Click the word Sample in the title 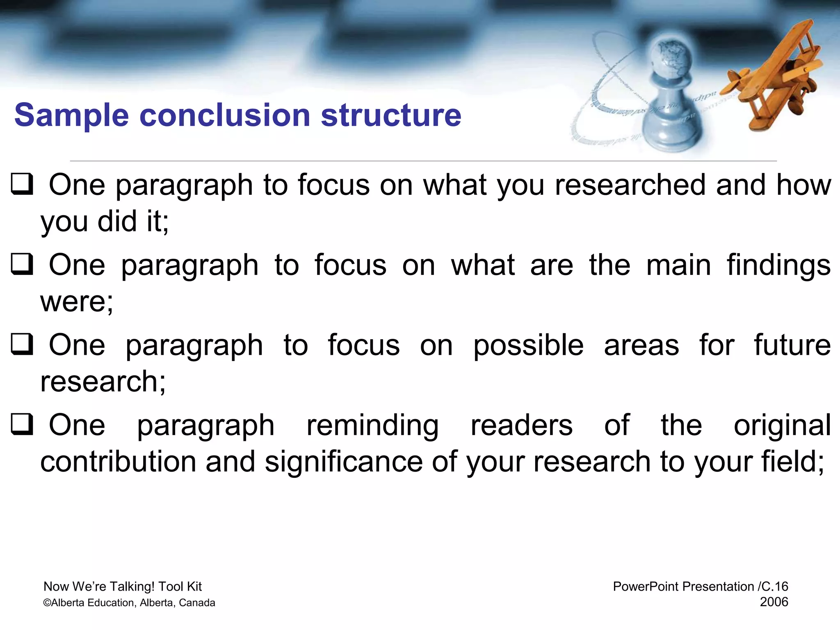[x=72, y=115]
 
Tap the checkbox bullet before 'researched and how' [x=21, y=185]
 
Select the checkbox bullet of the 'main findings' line [x=21, y=265]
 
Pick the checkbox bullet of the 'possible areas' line [x=21, y=345]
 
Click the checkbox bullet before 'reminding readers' [x=21, y=425]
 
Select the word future [x=792, y=345]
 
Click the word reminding [x=372, y=426]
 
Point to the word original [x=782, y=426]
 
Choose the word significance [x=343, y=462]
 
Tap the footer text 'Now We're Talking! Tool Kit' [x=122, y=587]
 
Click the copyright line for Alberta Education [x=129, y=603]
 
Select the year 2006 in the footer [x=774, y=602]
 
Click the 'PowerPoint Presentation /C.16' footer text [x=700, y=587]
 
